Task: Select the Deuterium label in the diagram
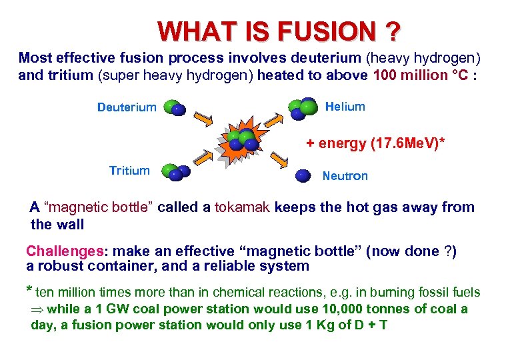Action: pyautogui.click(x=127, y=107)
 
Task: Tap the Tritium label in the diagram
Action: pyautogui.click(x=129, y=171)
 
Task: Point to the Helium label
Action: pyautogui.click(x=345, y=107)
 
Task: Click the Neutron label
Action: pyautogui.click(x=345, y=176)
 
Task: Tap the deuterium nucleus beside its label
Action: pyautogui.click(x=174, y=108)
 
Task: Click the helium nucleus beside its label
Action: pyautogui.click(x=302, y=107)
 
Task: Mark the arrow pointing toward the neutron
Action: pyautogui.click(x=278, y=159)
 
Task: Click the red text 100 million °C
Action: pyautogui.click(x=421, y=75)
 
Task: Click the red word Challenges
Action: pyautogui.click(x=65, y=251)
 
